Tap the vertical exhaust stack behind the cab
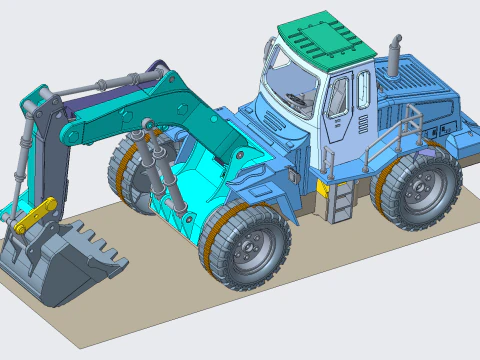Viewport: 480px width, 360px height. pos(394,59)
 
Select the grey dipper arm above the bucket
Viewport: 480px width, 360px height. pos(41,150)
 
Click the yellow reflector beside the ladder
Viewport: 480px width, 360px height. pos(323,187)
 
